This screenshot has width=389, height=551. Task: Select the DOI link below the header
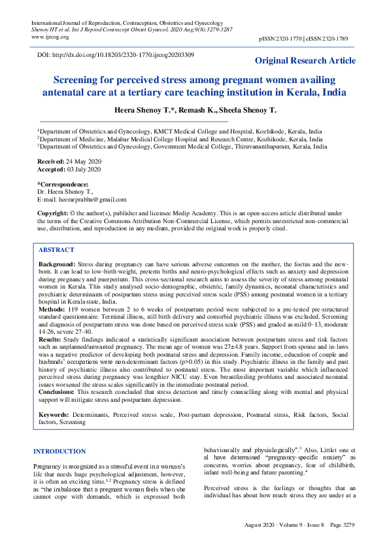click(x=116, y=55)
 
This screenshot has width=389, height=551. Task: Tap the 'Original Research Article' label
click(x=305, y=61)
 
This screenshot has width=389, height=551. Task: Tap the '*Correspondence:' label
click(x=63, y=185)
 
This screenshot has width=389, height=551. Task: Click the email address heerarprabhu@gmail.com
click(x=92, y=200)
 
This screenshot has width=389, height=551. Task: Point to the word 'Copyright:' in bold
click(x=53, y=214)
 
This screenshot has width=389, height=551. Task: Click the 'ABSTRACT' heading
click(x=56, y=250)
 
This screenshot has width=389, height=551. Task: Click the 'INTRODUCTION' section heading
click(x=59, y=452)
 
